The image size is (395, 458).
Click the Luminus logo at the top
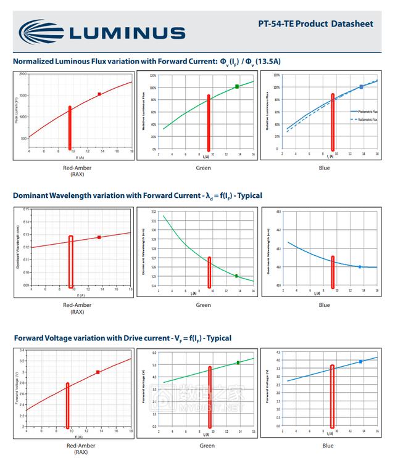tap(102, 31)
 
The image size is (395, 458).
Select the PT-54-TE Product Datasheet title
tap(315, 24)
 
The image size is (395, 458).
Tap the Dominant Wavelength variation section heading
tap(137, 195)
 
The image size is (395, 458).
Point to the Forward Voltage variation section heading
tap(122, 338)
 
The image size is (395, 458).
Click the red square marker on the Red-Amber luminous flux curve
tap(99, 94)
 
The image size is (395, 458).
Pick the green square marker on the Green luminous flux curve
tap(237, 87)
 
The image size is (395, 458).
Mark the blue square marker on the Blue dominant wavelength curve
tap(360, 267)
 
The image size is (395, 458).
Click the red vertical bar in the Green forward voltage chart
tap(210, 397)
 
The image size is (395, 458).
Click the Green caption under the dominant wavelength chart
tap(203, 305)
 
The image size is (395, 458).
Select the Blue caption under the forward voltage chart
tap(327, 446)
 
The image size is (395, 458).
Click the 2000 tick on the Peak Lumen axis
tap(22, 74)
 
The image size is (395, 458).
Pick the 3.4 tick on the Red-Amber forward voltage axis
tap(22, 351)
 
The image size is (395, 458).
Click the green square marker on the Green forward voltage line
tap(238, 363)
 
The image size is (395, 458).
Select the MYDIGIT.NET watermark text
tap(213, 407)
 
